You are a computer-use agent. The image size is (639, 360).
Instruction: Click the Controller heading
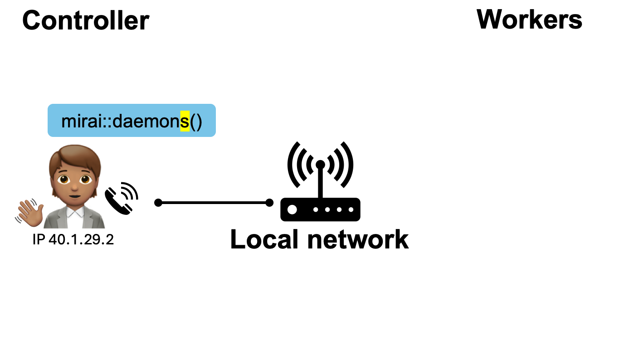[86, 20]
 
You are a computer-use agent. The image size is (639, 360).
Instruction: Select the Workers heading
[529, 19]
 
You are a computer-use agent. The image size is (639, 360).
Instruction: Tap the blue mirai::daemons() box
[132, 121]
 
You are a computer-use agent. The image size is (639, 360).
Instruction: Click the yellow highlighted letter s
[185, 122]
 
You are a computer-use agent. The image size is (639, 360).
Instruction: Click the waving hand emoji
[30, 213]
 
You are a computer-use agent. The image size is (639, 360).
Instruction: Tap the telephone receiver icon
[119, 199]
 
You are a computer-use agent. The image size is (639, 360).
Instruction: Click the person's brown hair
[73, 156]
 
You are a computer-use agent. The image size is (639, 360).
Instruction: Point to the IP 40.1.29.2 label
[73, 239]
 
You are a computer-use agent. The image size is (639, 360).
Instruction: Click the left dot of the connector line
[158, 203]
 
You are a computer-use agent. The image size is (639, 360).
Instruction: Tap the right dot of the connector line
[269, 203]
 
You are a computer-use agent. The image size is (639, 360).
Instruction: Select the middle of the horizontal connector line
[214, 203]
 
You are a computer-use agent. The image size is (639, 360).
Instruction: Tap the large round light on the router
[293, 209]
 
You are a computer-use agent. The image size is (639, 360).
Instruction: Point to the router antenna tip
[320, 164]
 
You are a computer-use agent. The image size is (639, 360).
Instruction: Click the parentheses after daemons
[196, 122]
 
